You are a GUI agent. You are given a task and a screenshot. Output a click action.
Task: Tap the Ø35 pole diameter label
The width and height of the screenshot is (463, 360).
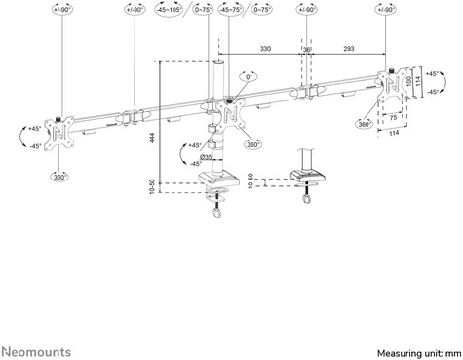click(x=208, y=155)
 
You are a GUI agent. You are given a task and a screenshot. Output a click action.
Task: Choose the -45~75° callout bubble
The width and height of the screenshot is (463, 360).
click(x=232, y=13)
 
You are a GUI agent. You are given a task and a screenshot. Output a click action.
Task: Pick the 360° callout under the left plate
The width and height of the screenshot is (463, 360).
click(x=58, y=178)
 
